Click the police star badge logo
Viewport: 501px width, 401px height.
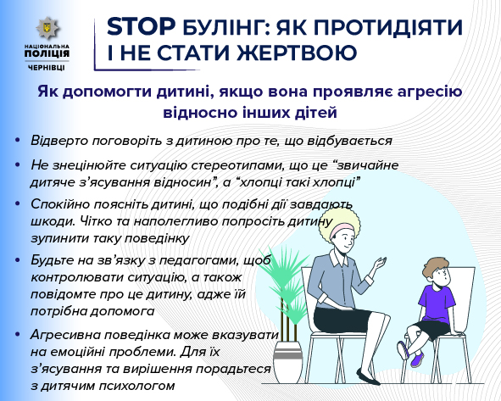47,28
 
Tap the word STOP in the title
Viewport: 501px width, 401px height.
141,26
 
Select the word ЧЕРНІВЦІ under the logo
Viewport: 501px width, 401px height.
47,68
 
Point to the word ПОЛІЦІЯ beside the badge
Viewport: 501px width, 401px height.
47,53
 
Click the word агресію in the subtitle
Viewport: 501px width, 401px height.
430,92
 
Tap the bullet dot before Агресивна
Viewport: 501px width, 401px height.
17,334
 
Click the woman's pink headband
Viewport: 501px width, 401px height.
341,230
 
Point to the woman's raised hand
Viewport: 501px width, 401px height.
379,263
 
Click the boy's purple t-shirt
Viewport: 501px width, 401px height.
437,304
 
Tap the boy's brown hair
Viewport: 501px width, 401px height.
435,268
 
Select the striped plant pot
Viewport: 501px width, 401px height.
287,361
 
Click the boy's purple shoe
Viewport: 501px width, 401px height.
417,359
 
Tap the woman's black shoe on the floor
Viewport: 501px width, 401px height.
368,377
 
